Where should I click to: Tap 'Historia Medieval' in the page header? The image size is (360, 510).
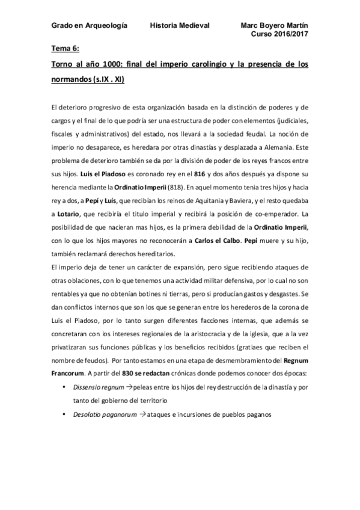[179, 26]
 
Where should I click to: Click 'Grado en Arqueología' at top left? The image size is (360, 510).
[89, 26]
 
